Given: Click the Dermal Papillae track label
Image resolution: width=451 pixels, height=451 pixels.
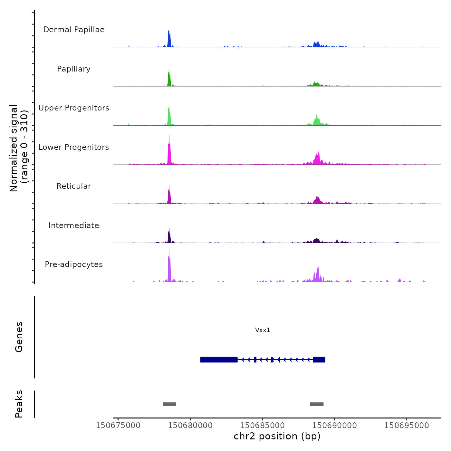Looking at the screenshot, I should [74, 30].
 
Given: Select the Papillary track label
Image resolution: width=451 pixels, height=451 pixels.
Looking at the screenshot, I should [74, 69].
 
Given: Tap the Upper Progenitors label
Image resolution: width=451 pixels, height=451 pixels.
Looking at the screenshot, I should [74, 108].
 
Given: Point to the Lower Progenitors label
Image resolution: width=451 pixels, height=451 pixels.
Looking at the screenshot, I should [74, 147].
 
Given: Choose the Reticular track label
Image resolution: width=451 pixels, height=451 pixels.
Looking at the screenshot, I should [74, 186].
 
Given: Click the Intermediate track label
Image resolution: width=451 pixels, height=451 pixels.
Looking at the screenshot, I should [74, 225].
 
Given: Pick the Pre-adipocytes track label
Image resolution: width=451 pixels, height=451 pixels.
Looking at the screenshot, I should [74, 264].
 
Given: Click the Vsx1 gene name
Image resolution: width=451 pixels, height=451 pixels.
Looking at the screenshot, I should [263, 330].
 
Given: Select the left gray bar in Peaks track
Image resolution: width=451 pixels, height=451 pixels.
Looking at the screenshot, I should [169, 404].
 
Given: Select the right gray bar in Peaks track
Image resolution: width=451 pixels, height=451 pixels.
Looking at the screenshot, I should [317, 404].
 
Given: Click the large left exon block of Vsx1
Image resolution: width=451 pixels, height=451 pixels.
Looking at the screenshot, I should [219, 360].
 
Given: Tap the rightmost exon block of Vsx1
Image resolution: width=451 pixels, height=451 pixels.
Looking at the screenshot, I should [319, 360].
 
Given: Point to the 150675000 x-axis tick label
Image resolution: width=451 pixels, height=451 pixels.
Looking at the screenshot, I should [118, 426].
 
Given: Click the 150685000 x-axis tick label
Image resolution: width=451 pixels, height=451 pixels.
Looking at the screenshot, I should [262, 426].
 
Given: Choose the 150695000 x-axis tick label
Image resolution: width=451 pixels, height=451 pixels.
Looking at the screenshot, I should [407, 426].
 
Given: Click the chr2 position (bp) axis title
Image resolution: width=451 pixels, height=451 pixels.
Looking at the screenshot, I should [277, 436].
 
